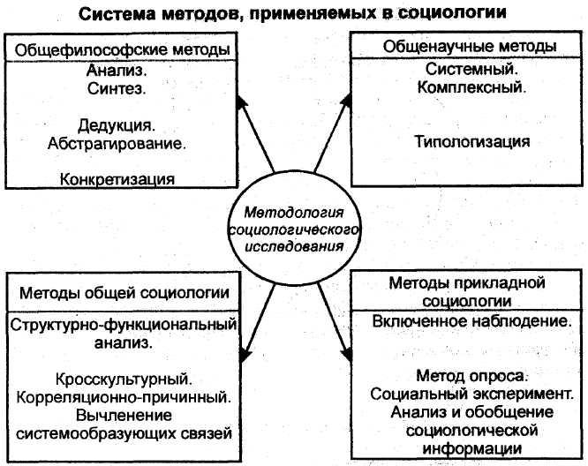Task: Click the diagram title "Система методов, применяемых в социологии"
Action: point(294,15)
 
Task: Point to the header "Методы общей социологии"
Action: point(123,293)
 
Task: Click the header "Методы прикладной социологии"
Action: point(467,290)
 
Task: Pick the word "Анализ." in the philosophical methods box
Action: point(117,70)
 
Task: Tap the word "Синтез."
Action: point(117,89)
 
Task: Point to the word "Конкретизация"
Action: point(117,178)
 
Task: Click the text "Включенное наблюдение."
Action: point(471,324)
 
